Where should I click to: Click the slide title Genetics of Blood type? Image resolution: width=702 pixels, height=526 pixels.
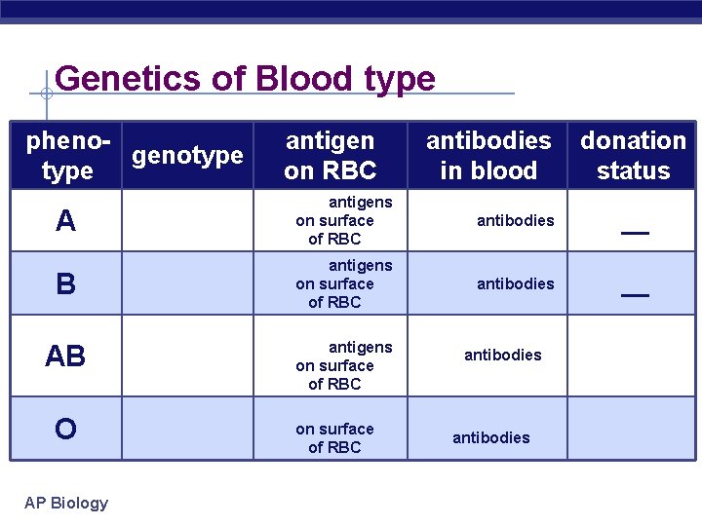pos(245,78)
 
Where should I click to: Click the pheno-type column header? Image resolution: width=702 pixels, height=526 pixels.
pos(65,156)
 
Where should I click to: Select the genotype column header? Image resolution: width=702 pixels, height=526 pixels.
pos(187,155)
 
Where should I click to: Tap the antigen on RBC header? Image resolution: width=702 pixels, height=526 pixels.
pos(330,156)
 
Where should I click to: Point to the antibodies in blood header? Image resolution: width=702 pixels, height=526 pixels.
pos(488,156)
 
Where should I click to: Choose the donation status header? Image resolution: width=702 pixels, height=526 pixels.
pos(633,156)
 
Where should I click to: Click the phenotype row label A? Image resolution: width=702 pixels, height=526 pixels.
pos(65,222)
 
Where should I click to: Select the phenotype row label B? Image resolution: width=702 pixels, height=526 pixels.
pos(65,284)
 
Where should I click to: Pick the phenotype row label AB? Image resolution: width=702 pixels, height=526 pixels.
pos(65,357)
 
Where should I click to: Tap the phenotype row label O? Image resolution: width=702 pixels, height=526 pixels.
pos(65,429)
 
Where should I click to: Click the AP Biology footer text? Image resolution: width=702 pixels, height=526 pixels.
pos(66,503)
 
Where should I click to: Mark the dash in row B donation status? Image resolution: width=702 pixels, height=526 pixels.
pos(635,295)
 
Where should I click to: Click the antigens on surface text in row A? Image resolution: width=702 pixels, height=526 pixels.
pos(336,220)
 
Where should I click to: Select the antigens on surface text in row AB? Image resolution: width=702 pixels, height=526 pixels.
pos(336,365)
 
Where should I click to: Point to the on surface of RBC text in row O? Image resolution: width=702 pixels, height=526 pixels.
pos(334,437)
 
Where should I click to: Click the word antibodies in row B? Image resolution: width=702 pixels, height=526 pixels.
pos(515,283)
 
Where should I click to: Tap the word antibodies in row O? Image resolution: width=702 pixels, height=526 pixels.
pos(490,437)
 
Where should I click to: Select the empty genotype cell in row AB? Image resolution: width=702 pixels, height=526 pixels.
pos(187,357)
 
